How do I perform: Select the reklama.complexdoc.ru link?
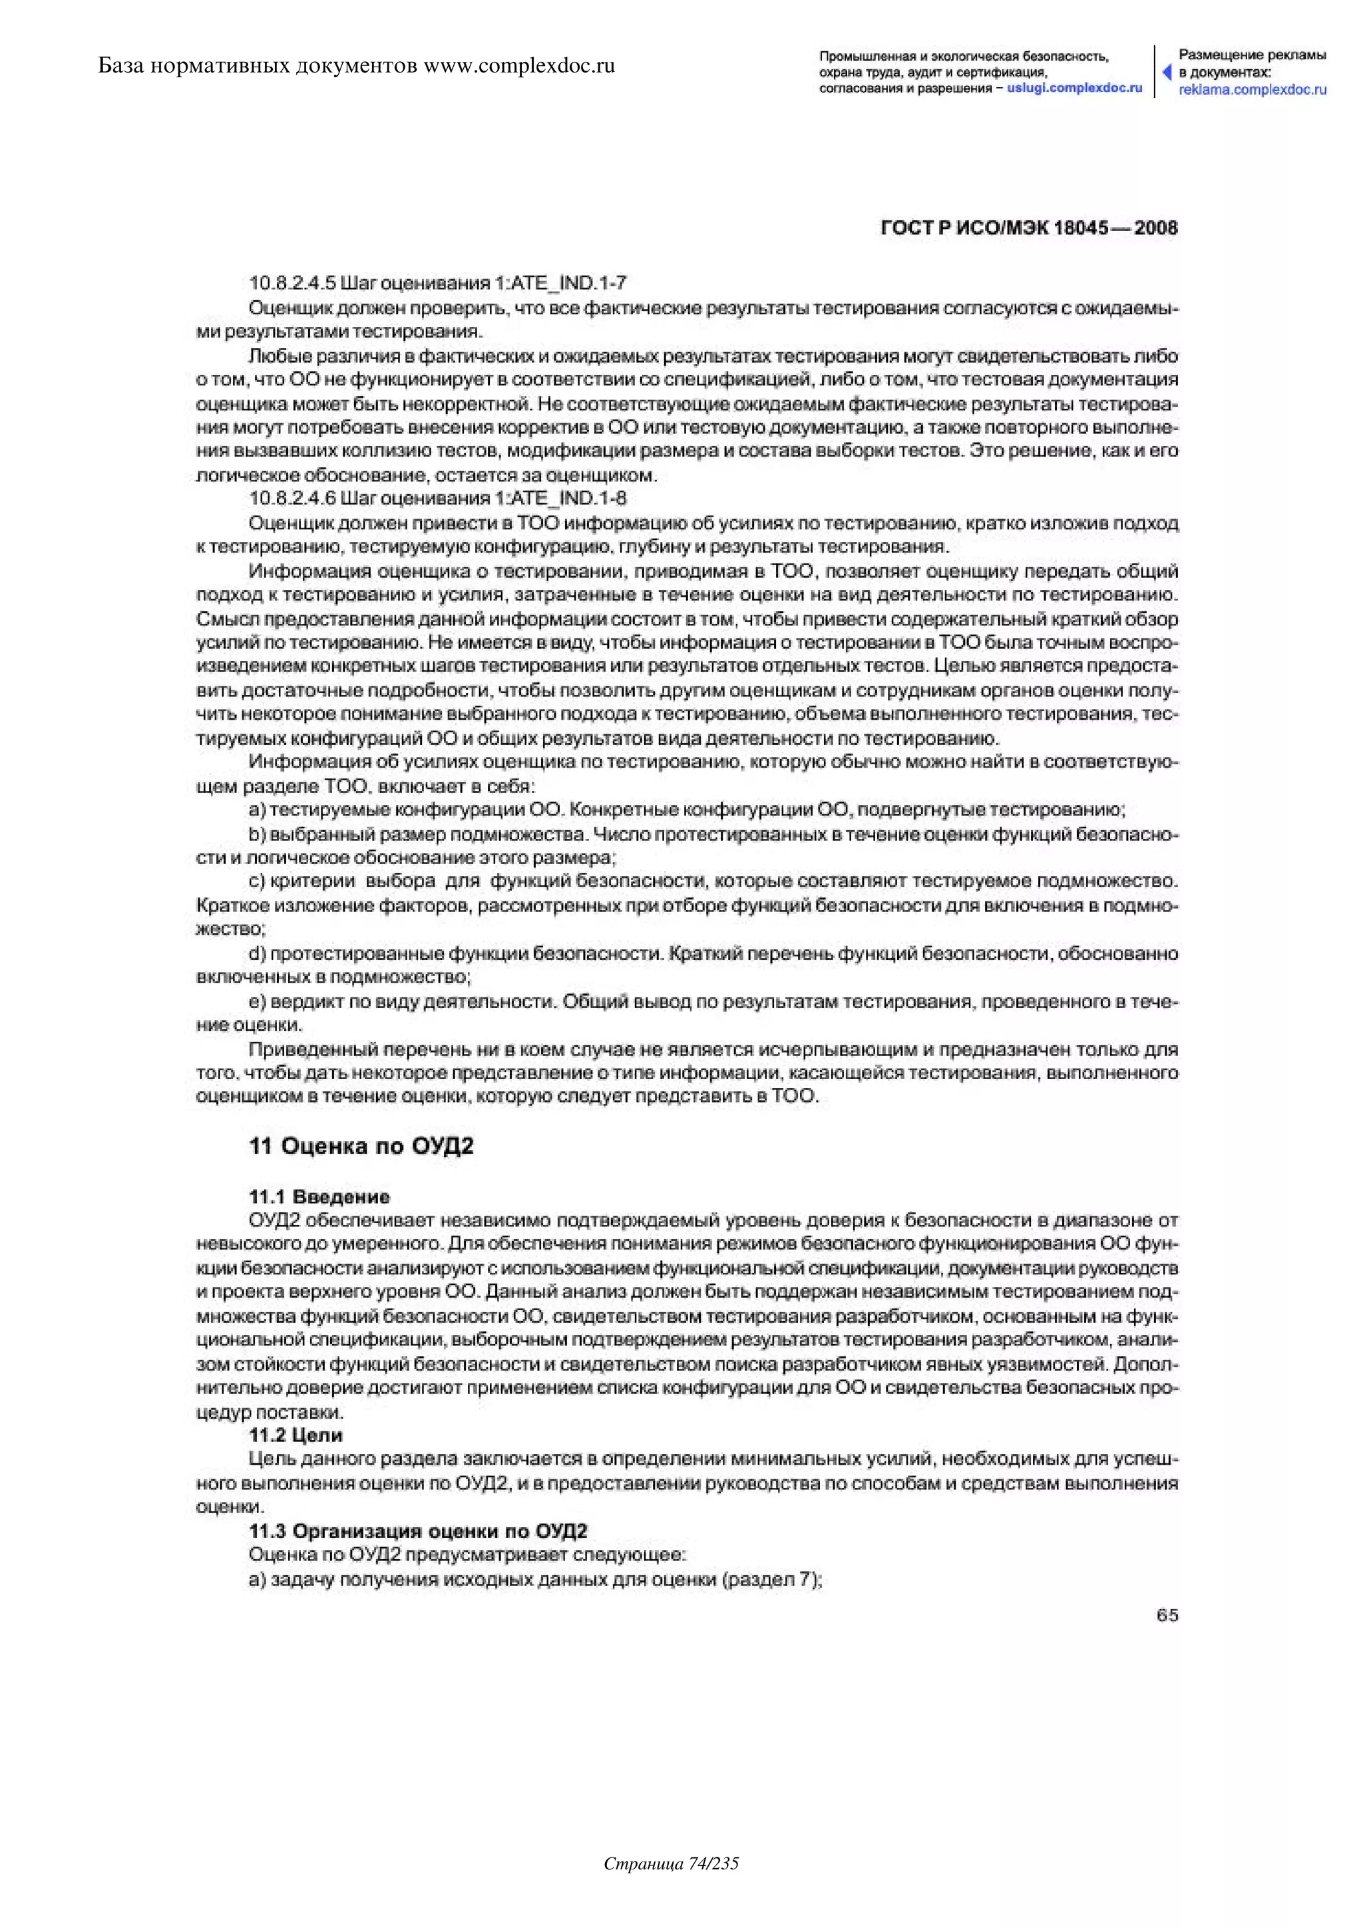click(1253, 90)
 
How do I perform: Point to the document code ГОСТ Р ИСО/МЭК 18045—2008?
click(1029, 228)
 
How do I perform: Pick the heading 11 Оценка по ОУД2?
click(361, 1146)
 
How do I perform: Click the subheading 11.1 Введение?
click(319, 1196)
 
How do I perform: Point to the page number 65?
click(1167, 1615)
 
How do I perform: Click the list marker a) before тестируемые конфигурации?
click(257, 810)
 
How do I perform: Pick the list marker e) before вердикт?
click(257, 1002)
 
